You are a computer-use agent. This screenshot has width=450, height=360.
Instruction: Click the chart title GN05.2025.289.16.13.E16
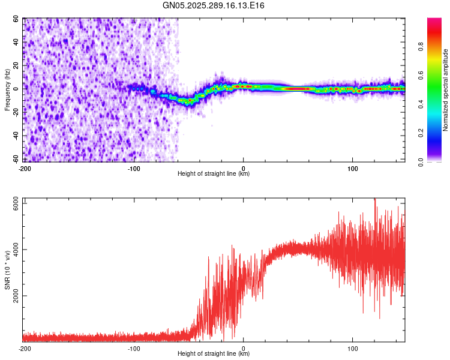214,5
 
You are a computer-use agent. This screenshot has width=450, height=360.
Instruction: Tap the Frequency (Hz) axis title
8,90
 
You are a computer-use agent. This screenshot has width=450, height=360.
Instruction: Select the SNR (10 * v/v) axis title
8,269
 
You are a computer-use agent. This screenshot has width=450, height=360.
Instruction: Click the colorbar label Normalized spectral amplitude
446,90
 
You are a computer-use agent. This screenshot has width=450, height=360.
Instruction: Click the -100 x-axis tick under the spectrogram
134,168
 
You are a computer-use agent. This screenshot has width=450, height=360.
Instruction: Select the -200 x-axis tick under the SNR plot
25,348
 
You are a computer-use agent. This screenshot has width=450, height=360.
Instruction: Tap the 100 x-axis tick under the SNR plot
353,348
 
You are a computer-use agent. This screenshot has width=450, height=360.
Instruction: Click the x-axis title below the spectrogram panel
214,174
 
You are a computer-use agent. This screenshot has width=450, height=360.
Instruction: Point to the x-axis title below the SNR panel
214,354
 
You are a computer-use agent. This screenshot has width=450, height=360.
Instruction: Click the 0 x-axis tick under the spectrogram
243,168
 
